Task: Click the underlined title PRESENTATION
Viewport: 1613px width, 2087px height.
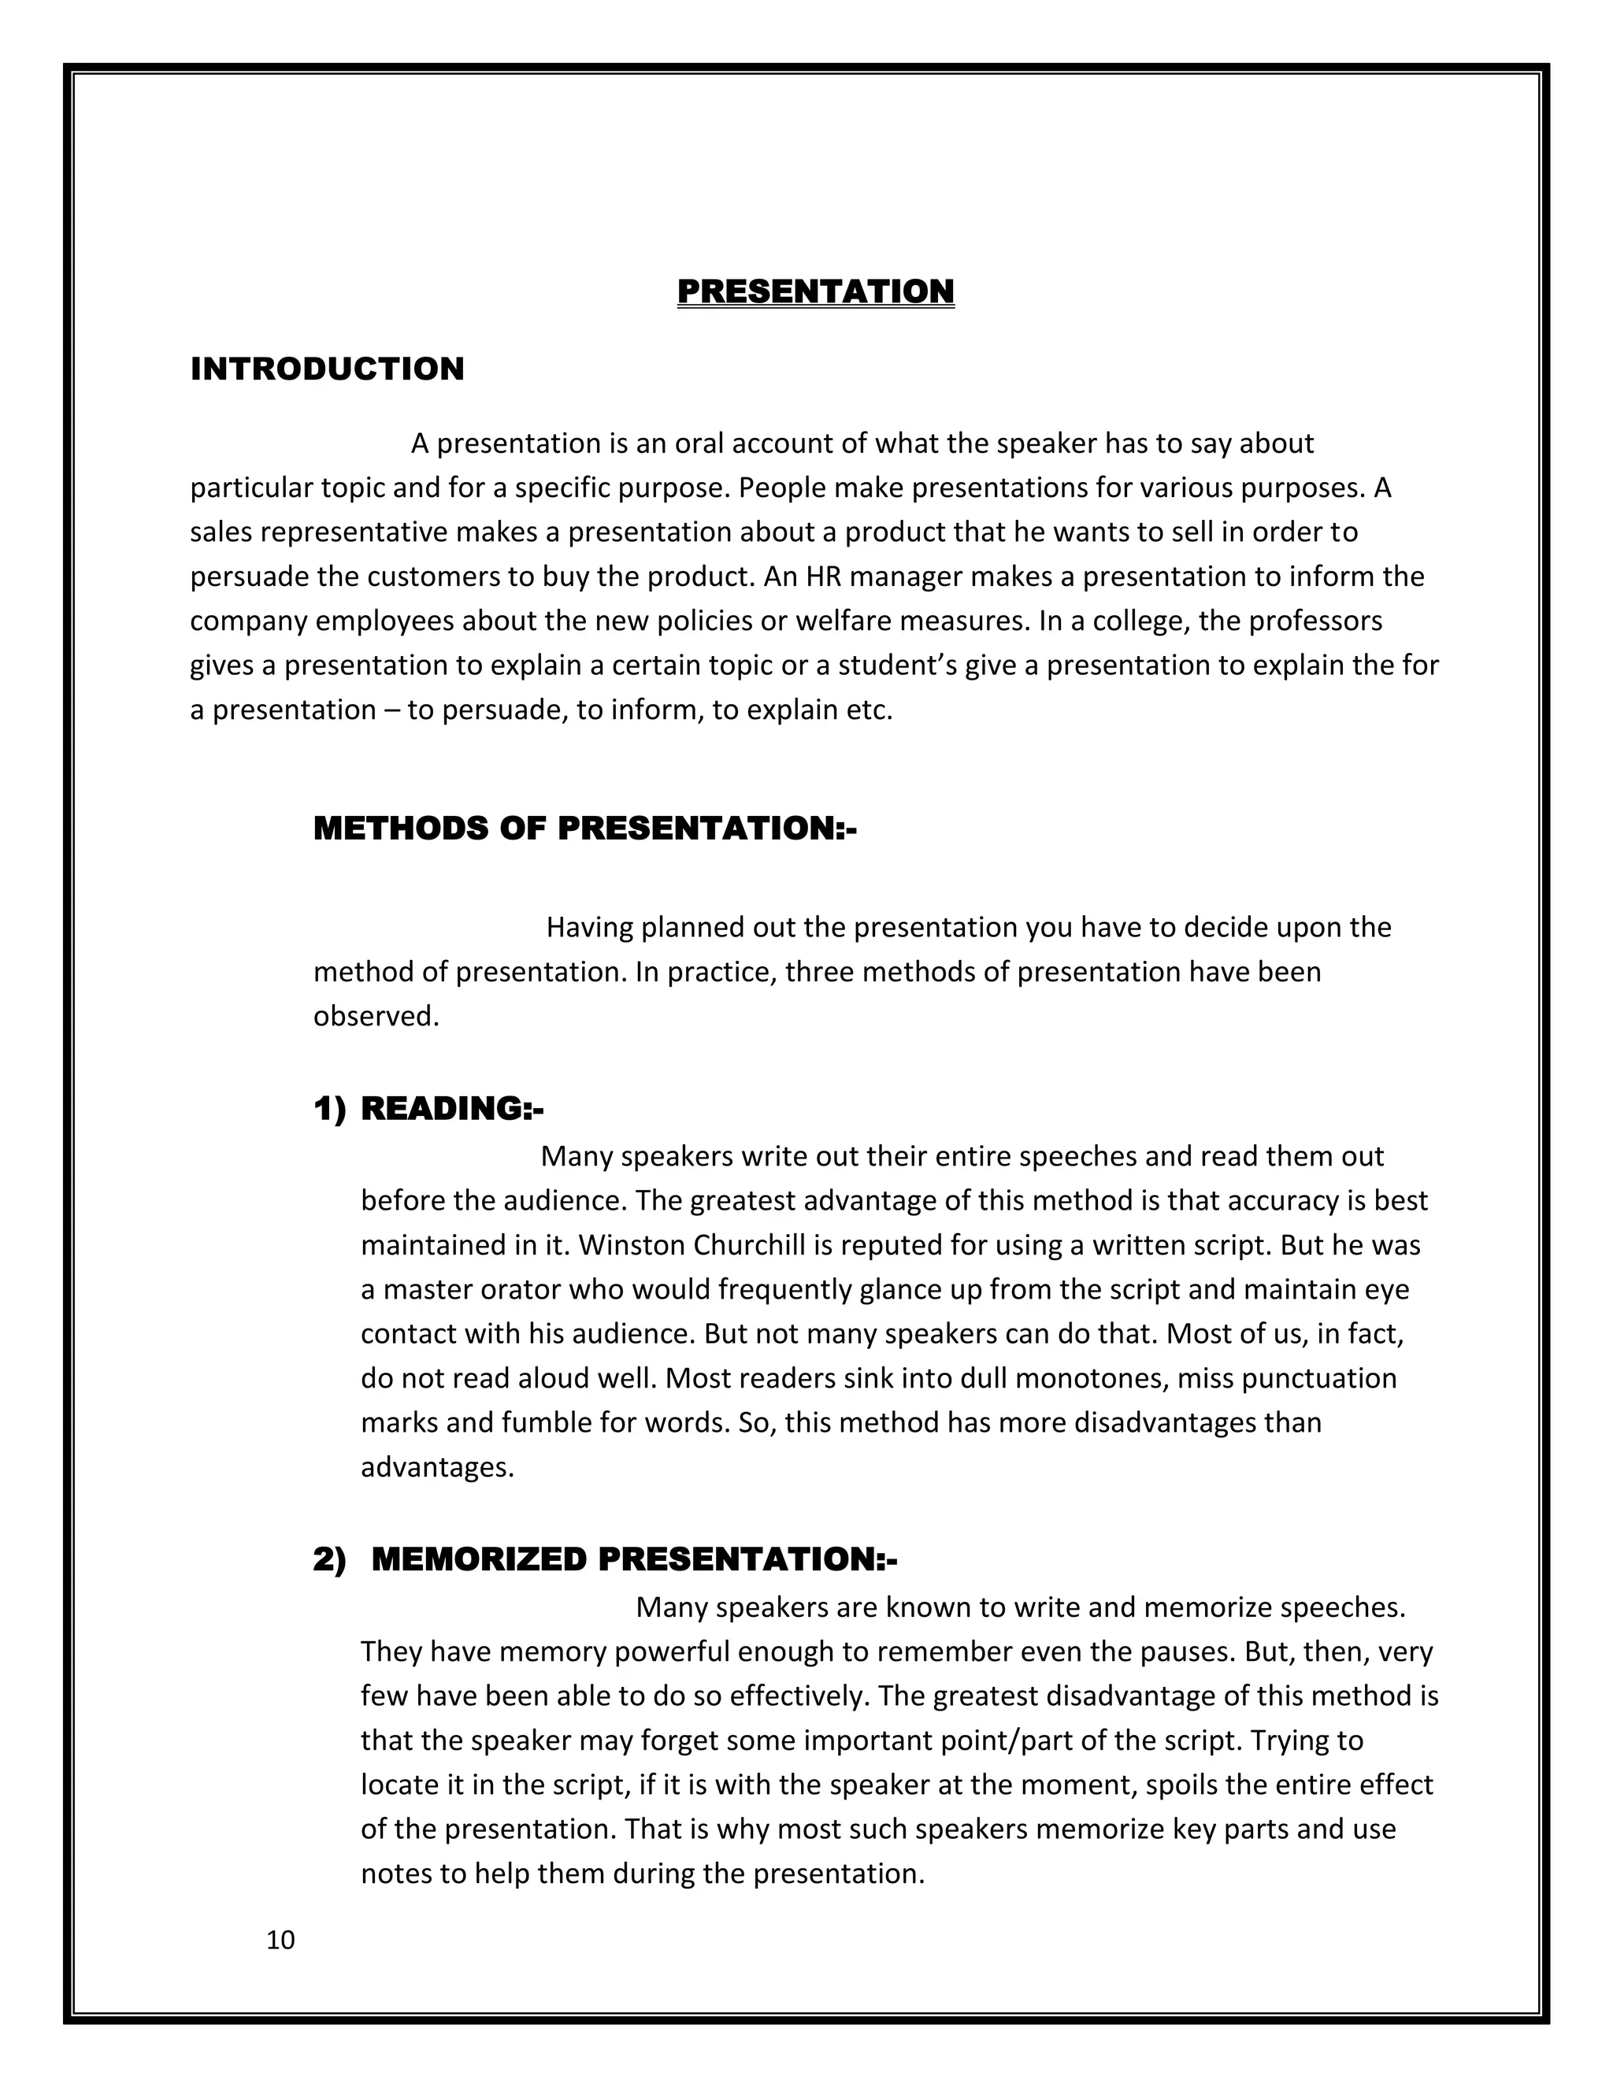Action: tap(815, 291)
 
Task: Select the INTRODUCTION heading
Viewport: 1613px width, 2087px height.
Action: tap(327, 369)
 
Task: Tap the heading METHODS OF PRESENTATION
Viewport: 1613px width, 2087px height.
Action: tap(585, 828)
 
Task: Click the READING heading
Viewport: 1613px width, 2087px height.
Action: tap(452, 1109)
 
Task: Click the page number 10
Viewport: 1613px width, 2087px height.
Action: tap(281, 1940)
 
